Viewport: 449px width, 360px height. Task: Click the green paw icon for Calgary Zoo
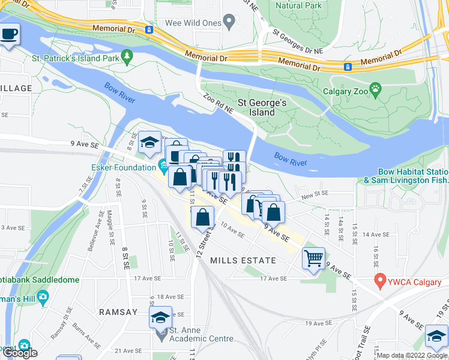click(x=376, y=89)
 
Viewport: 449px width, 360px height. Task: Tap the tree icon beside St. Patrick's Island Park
click(x=127, y=57)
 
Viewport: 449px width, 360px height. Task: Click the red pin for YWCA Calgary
click(x=379, y=280)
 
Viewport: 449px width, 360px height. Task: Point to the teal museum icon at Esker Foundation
click(x=163, y=164)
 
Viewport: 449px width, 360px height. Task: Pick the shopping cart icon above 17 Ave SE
click(x=314, y=259)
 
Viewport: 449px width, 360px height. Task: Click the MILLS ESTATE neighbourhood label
click(x=243, y=260)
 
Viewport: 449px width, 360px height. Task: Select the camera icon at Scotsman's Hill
click(x=43, y=296)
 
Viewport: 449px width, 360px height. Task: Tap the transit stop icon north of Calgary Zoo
click(x=348, y=66)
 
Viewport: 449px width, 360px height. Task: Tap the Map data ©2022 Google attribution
click(x=412, y=355)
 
